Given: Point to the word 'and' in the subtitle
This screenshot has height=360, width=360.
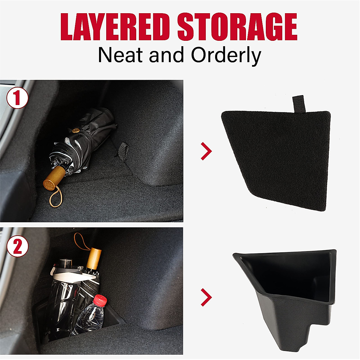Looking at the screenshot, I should point(166,55).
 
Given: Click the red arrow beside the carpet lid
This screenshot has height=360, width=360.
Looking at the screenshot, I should point(206,151).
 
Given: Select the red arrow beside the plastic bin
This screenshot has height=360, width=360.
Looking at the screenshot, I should point(206,297).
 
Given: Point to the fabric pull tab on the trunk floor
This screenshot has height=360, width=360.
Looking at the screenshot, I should point(123,149).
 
